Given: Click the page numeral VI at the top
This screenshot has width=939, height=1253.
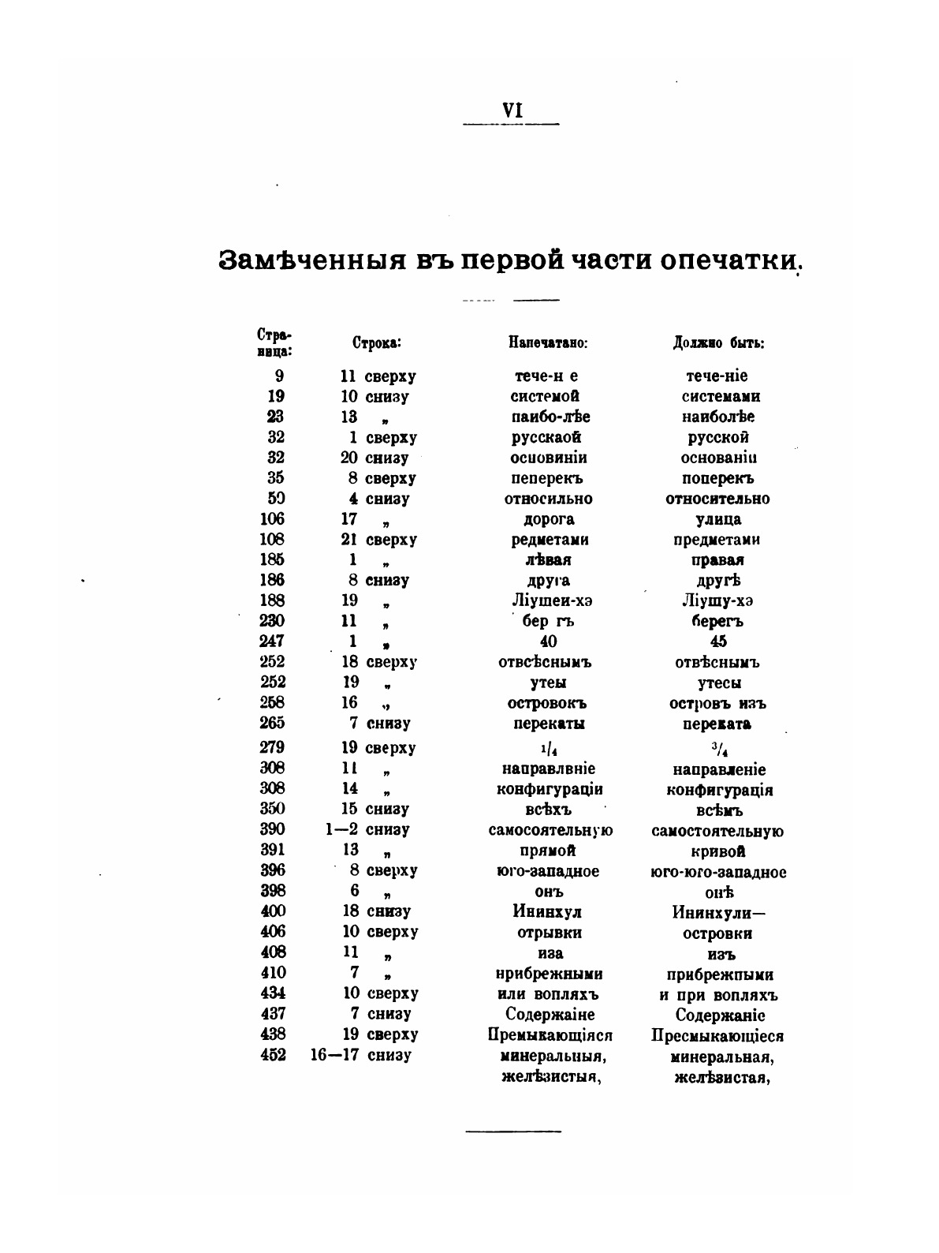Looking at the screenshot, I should [512, 111].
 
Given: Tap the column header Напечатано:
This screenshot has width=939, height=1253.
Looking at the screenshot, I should [550, 343].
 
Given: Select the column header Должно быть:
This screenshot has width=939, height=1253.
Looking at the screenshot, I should [718, 343].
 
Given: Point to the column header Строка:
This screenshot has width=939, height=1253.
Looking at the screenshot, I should [376, 343].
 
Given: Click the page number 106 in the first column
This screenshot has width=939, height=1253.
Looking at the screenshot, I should [272, 519].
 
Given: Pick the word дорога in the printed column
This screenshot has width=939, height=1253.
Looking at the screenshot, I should [549, 519].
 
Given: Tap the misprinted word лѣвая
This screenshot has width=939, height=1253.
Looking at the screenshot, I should [549, 560].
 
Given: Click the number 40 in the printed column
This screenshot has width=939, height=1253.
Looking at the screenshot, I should [549, 641].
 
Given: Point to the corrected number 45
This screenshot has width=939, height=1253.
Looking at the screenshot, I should [718, 641].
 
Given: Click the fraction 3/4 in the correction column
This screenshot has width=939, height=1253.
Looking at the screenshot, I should [718, 748].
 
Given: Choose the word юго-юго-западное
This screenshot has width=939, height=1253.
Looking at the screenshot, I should [718, 872].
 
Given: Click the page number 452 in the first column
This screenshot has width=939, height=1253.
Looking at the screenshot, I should [272, 1055].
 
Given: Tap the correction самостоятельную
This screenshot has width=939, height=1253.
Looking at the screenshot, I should [717, 831].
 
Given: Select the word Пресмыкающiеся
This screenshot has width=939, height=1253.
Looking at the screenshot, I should [717, 1035].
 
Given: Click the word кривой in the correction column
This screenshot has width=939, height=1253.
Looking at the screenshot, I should [718, 851].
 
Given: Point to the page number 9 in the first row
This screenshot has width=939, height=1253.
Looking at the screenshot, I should [279, 376].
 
